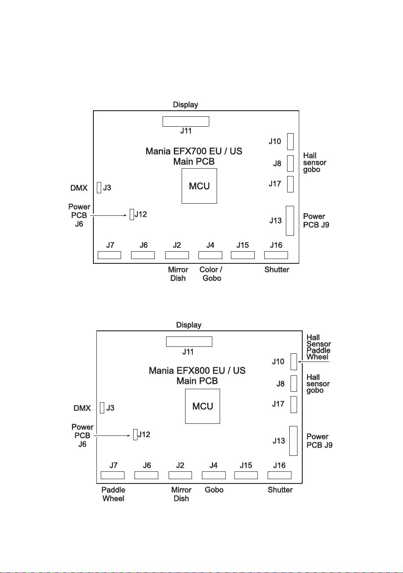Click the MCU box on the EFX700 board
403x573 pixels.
click(x=199, y=186)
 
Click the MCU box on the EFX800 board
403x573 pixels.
click(x=202, y=406)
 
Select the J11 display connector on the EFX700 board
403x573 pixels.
click(x=186, y=122)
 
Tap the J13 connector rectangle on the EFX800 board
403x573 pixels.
click(x=293, y=441)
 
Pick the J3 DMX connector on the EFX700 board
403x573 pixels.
click(x=99, y=188)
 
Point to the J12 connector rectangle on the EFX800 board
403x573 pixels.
click(x=135, y=434)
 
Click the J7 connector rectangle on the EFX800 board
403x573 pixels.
click(x=112, y=475)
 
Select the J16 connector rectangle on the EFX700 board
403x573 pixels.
click(x=276, y=255)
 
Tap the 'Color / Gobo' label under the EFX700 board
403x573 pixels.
click(x=211, y=274)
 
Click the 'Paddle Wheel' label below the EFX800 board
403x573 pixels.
click(x=113, y=494)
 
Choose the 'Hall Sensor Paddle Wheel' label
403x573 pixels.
click(x=319, y=347)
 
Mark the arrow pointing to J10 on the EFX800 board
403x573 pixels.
click(x=313, y=362)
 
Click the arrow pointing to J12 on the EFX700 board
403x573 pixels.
click(x=109, y=215)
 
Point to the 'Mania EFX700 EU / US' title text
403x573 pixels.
click(x=194, y=151)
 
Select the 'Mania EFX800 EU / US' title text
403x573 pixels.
click(x=197, y=371)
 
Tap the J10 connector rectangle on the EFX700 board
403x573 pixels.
click(x=290, y=141)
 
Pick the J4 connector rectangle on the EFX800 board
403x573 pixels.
click(x=214, y=475)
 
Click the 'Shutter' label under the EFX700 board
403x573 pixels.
click(x=277, y=269)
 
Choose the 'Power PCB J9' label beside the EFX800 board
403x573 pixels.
click(x=320, y=441)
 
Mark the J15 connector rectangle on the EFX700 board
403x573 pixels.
click(x=243, y=255)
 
